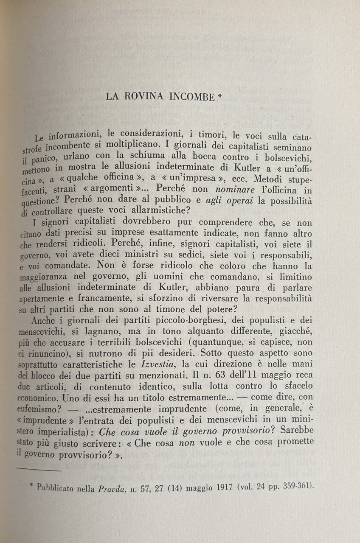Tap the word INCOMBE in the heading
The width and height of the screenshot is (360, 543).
(193, 97)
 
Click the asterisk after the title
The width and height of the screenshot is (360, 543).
(219, 95)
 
